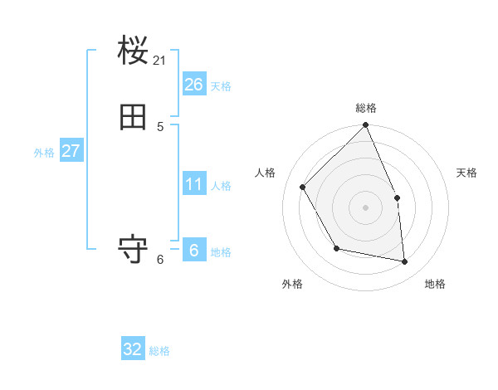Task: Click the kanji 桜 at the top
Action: (134, 52)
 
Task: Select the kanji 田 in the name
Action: (134, 117)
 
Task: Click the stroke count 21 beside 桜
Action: (160, 61)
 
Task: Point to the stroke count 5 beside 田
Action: (160, 126)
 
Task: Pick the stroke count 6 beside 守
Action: (160, 259)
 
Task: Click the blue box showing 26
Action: (194, 84)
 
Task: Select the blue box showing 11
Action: (194, 183)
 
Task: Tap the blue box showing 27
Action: (71, 151)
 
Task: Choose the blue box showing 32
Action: (133, 349)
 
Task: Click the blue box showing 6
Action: (194, 250)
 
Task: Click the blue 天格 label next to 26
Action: (221, 86)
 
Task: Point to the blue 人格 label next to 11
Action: (221, 186)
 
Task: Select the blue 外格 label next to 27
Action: (44, 153)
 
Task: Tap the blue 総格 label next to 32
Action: (159, 351)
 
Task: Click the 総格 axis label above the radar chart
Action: (366, 108)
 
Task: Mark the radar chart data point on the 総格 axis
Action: (366, 125)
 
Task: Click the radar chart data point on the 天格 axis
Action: (397, 197)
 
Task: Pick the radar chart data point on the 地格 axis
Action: (405, 261)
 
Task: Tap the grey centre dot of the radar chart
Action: (366, 207)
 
